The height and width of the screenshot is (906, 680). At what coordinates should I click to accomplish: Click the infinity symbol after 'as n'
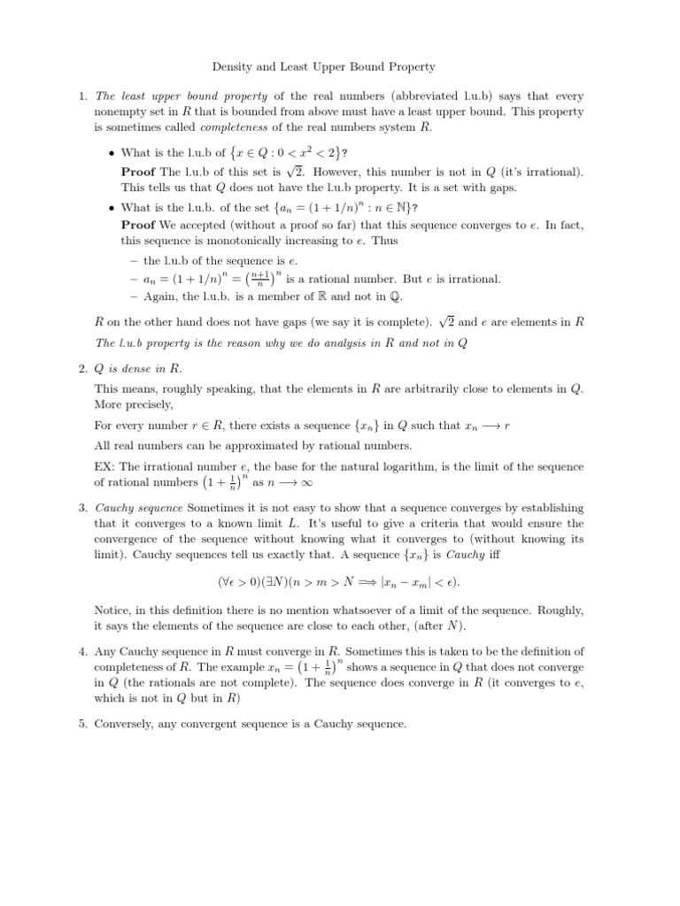[x=309, y=484]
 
